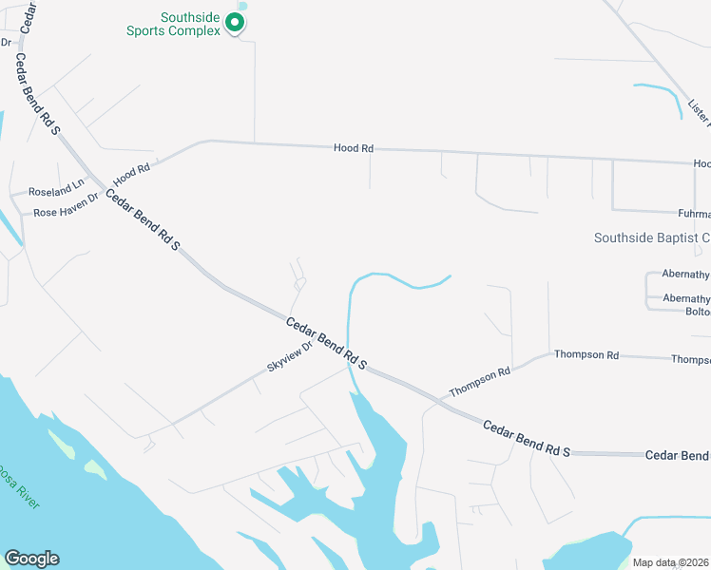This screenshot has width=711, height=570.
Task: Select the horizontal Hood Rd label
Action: tap(354, 148)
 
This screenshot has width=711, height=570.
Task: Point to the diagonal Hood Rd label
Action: tap(132, 175)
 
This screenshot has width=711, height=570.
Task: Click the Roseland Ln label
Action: tap(56, 191)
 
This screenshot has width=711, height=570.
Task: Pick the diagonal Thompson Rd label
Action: tap(480, 383)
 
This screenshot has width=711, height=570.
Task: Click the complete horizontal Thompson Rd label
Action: tap(586, 355)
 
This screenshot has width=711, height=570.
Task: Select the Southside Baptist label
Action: tap(652, 237)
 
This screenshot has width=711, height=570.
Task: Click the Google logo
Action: tap(31, 559)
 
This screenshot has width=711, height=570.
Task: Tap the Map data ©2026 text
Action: tap(670, 562)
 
